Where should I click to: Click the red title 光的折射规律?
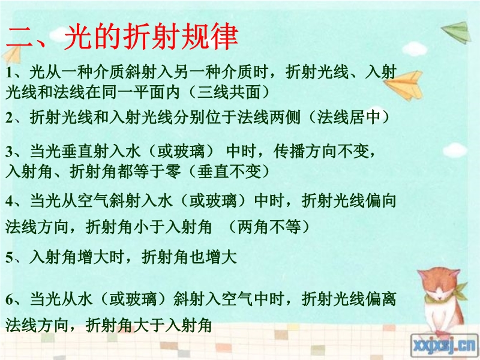[151, 37]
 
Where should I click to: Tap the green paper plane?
[457, 32]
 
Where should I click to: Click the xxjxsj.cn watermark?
[444, 346]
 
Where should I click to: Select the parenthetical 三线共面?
[229, 92]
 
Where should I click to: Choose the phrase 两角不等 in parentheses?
[269, 227]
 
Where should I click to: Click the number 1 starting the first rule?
[8, 73]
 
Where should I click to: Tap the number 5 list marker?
[9, 258]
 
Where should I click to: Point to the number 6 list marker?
[9, 299]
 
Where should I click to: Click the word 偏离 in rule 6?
[380, 298]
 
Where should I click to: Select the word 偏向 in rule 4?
[380, 201]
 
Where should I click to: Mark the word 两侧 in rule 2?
[284, 117]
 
